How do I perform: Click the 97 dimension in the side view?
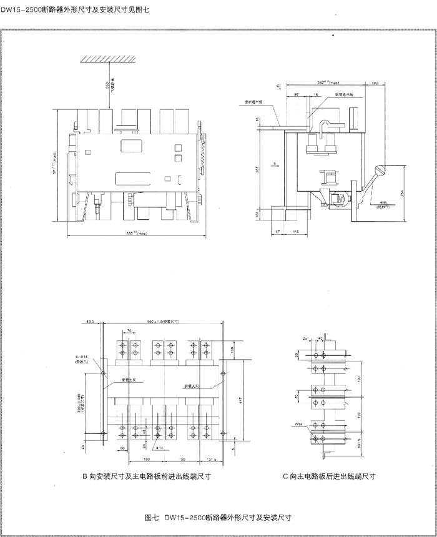click(295, 92)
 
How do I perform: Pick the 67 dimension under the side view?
click(277, 231)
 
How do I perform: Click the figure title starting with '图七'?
click(218, 518)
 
